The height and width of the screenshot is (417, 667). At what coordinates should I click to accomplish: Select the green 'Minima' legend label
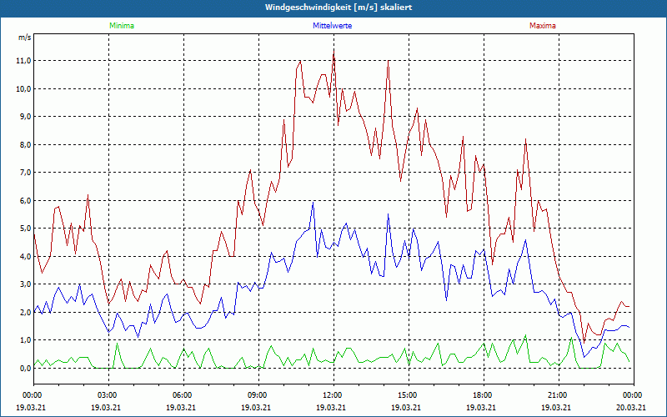121,26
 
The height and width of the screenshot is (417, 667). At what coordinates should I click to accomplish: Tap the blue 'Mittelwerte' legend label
333,26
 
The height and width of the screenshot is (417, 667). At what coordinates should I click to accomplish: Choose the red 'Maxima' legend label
542,26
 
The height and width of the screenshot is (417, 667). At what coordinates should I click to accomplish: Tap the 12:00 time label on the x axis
333,395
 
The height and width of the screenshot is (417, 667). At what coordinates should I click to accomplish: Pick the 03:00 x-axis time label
108,395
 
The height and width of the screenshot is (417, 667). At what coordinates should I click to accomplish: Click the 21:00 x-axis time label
558,395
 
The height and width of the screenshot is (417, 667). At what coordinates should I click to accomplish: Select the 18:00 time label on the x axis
483,395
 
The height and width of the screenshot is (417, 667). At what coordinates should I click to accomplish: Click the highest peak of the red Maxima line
333,51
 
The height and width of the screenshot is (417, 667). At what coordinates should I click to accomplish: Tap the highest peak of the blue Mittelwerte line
313,203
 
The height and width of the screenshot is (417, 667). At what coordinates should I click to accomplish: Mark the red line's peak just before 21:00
526,140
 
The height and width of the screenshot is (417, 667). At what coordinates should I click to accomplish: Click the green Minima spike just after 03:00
117,344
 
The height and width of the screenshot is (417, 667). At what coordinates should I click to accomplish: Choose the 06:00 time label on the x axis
183,395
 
